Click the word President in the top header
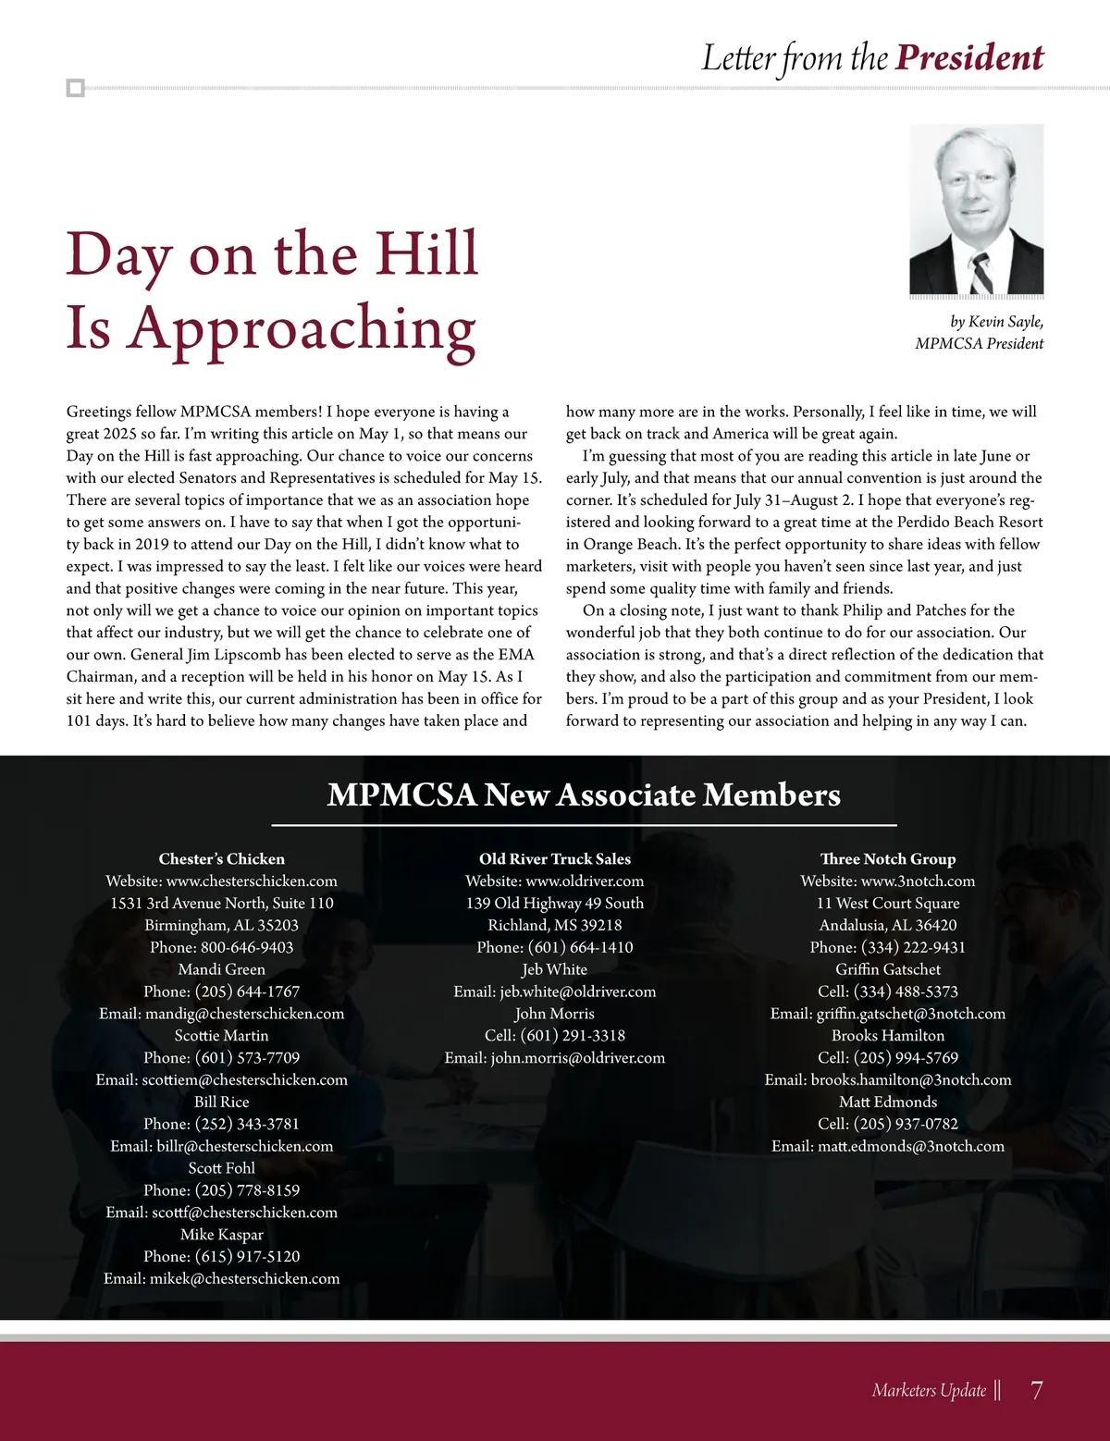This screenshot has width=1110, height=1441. (x=969, y=57)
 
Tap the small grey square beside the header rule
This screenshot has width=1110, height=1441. (x=76, y=89)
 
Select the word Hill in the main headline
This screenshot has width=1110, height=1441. (x=427, y=253)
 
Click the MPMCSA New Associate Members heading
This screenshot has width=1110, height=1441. (x=584, y=795)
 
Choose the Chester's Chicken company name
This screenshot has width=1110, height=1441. (x=222, y=859)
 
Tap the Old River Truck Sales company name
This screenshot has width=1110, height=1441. (x=555, y=859)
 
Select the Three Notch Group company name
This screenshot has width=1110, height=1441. (x=888, y=859)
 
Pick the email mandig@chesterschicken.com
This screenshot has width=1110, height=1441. (x=244, y=1014)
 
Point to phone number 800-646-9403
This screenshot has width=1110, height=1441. (x=247, y=947)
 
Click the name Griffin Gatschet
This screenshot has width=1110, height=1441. (x=888, y=969)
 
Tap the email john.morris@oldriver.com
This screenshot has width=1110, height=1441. (x=578, y=1058)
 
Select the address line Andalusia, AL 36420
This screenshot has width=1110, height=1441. (x=888, y=925)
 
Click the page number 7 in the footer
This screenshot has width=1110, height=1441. (x=1036, y=1390)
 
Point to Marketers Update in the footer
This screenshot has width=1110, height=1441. (x=929, y=1390)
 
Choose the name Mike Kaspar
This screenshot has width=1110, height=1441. (x=222, y=1235)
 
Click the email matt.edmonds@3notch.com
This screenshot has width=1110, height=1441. (x=911, y=1147)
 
